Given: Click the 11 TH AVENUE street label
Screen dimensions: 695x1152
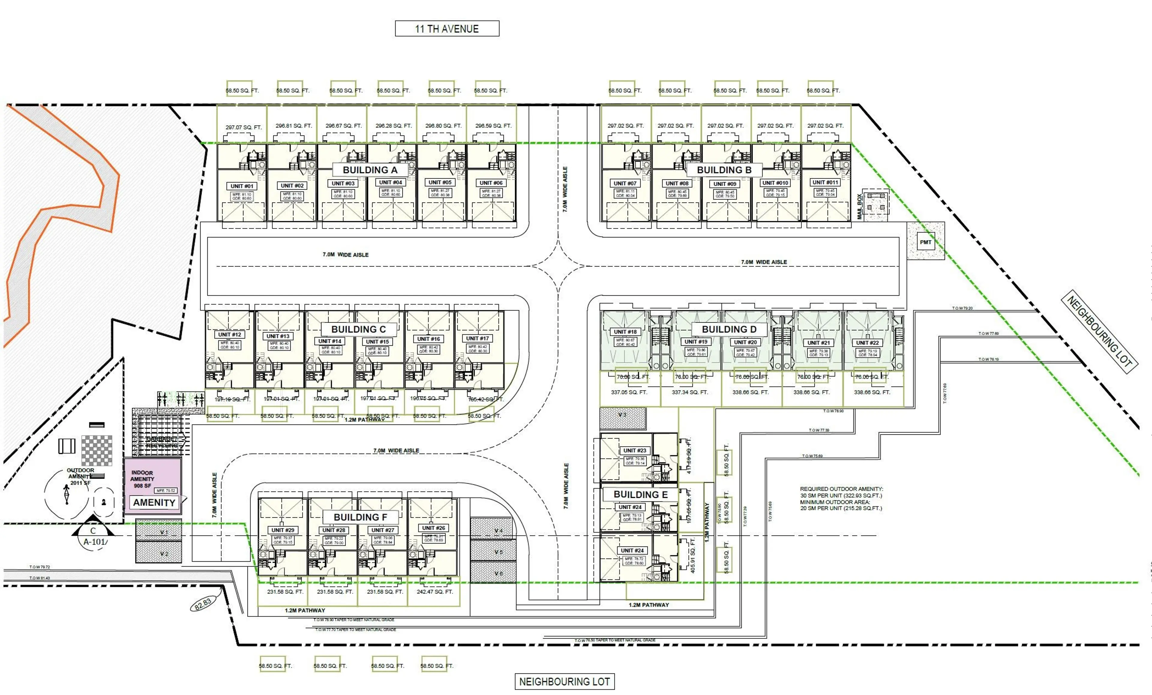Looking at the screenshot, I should (447, 29).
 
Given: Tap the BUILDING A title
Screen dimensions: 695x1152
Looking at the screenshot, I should (370, 170).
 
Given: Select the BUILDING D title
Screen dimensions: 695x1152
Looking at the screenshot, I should (729, 329).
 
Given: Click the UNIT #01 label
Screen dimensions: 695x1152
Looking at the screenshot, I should (242, 186).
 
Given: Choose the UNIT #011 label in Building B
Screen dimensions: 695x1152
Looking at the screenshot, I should (825, 182).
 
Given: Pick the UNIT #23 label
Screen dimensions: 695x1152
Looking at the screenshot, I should (634, 450).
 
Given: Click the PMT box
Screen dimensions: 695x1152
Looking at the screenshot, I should (925, 242).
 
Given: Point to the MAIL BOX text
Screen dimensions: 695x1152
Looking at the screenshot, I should (859, 207).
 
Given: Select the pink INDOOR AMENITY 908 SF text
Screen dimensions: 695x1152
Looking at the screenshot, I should (142, 479).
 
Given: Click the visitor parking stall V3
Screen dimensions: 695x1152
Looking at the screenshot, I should (622, 418).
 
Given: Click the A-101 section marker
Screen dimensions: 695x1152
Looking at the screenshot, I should (95, 542).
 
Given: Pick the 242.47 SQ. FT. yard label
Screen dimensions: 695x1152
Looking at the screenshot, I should (434, 592).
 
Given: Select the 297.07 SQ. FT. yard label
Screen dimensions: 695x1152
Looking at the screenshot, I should (244, 127).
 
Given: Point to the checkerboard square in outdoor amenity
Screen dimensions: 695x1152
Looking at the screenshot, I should (97, 450).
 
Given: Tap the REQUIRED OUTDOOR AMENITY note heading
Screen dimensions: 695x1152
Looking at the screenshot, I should (841, 489).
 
